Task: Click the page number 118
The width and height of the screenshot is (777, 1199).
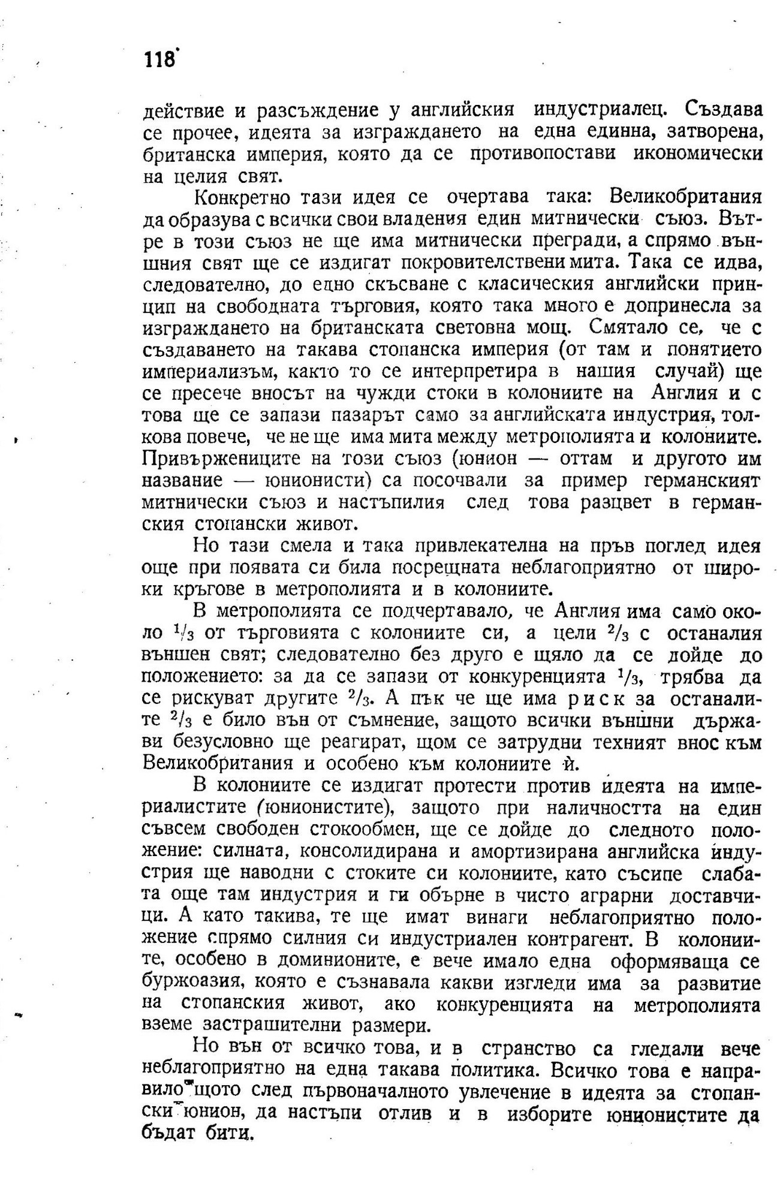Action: coord(159,61)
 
